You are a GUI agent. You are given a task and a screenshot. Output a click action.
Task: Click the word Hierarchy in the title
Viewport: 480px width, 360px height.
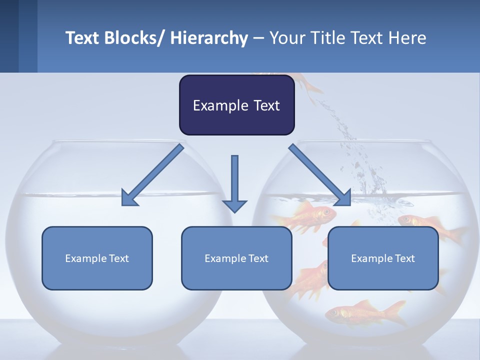click(209, 38)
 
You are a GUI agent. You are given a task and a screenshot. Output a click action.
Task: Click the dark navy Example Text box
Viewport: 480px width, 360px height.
click(236, 105)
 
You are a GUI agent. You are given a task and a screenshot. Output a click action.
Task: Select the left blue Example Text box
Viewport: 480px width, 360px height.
click(97, 258)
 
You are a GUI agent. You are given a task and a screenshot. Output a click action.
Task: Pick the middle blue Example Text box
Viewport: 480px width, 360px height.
click(236, 258)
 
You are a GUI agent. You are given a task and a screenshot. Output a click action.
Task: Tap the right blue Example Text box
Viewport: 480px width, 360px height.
click(383, 258)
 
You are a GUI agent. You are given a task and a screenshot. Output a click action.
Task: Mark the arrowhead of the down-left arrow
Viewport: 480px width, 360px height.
click(129, 198)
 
